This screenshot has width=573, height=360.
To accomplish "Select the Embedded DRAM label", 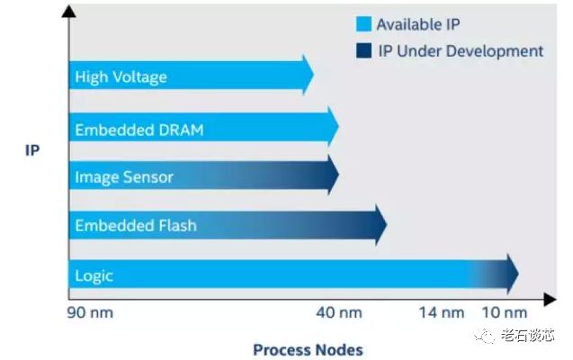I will [x=139, y=130].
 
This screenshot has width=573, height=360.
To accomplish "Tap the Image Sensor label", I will [x=124, y=176].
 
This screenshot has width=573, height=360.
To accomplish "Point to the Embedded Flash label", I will [x=135, y=225].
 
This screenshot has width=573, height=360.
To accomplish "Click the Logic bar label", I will [x=94, y=275].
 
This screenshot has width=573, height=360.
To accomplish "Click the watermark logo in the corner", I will [x=486, y=337].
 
